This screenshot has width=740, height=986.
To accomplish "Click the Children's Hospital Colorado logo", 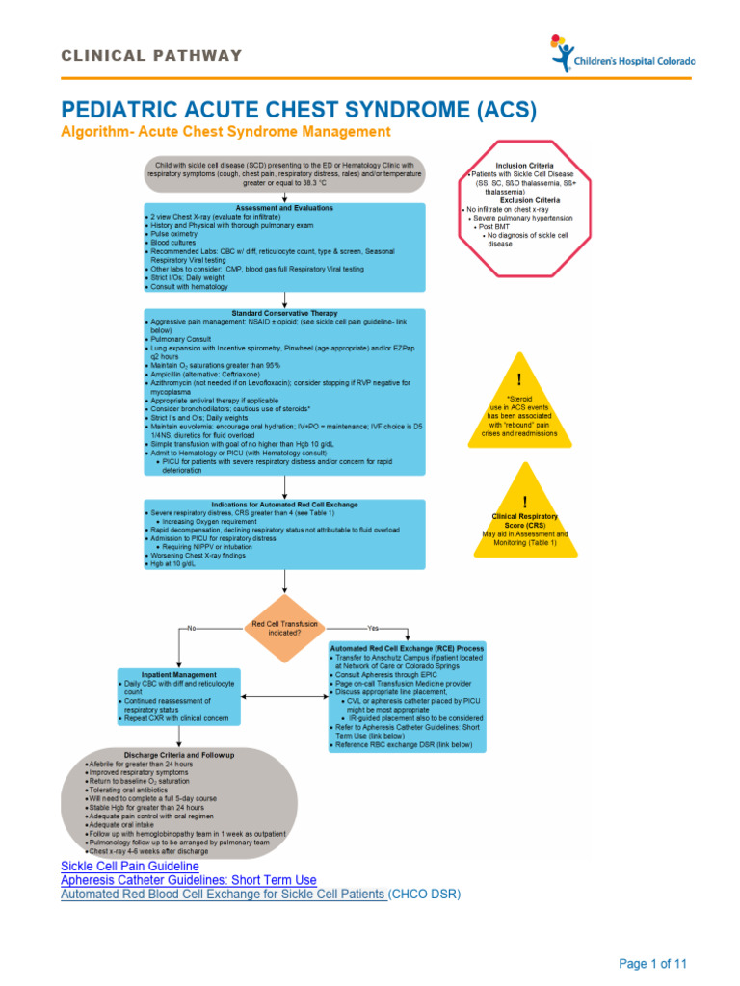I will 621,54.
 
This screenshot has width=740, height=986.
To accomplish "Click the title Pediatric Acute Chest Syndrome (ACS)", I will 298,109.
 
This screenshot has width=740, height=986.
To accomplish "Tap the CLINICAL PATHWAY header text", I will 151,55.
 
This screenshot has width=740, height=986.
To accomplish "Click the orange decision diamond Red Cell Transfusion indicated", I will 284,628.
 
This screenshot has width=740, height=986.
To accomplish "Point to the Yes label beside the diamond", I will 373,628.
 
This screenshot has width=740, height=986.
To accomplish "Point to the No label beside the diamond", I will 192,628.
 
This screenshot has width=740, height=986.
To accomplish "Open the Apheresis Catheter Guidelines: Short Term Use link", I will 188,880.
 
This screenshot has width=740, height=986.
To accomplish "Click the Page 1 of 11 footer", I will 652,964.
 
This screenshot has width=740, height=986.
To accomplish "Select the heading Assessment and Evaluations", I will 284,207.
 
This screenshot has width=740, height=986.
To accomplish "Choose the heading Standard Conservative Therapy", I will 284,311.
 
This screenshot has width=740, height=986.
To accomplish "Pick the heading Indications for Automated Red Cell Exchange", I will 284,504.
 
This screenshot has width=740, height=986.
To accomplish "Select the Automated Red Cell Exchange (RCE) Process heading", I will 407,648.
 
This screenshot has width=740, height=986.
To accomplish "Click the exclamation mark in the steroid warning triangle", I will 519,380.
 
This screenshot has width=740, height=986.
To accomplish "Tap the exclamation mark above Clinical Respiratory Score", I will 524,502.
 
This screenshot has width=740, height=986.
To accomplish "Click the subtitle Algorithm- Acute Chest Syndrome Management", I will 225,132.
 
